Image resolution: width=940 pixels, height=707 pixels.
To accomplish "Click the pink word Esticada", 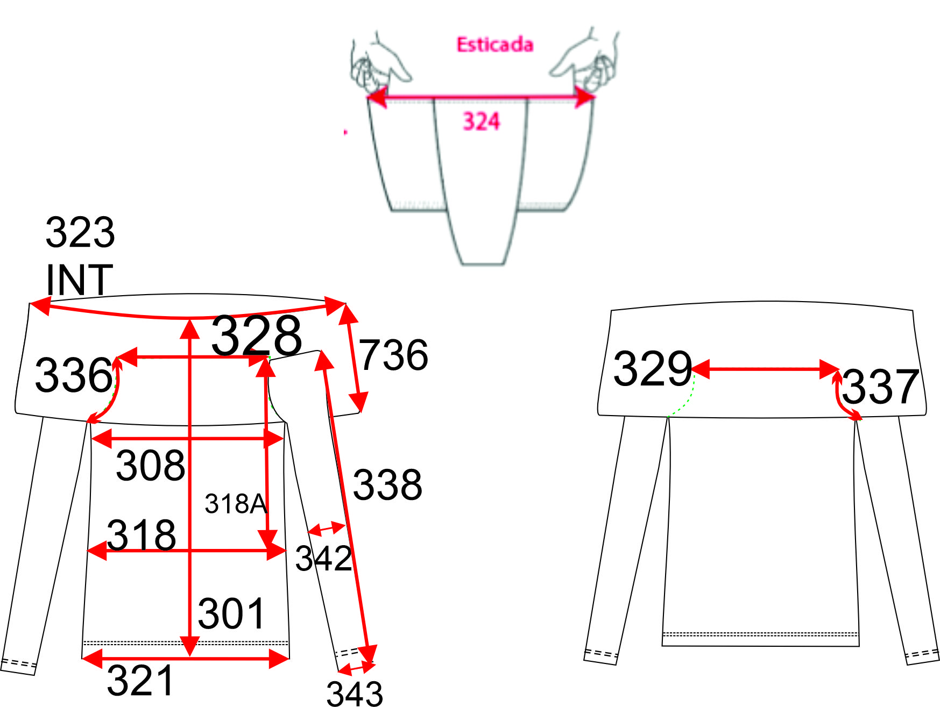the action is pyautogui.click(x=495, y=45).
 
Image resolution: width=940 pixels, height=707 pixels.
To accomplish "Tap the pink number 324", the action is pyautogui.click(x=482, y=121).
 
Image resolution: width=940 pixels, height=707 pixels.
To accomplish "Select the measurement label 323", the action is pyautogui.click(x=80, y=232).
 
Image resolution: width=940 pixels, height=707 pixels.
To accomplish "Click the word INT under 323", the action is pyautogui.click(x=79, y=280).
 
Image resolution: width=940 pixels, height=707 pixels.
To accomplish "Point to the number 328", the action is pyautogui.click(x=256, y=335).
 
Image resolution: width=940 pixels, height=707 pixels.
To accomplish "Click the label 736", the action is pyautogui.click(x=394, y=355).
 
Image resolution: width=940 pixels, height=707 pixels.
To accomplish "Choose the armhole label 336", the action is pyautogui.click(x=74, y=375).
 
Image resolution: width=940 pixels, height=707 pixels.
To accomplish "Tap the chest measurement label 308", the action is pyautogui.click(x=151, y=465).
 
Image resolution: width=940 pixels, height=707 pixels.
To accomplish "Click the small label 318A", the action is pyautogui.click(x=236, y=504).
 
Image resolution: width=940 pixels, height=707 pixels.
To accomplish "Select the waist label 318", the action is pyautogui.click(x=142, y=534).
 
